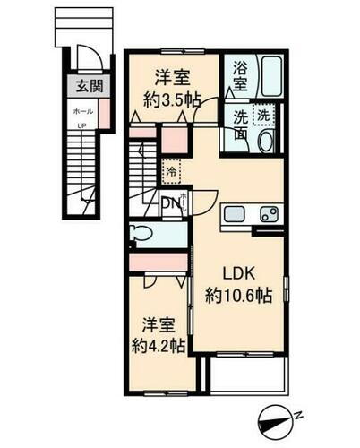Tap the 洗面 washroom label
pyautogui.click(x=242, y=125)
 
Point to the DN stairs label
pyautogui.click(x=169, y=204)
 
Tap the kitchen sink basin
pyautogui.click(x=234, y=213)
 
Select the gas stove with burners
pyautogui.click(x=268, y=213)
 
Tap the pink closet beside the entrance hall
pyautogui.click(x=105, y=113)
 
